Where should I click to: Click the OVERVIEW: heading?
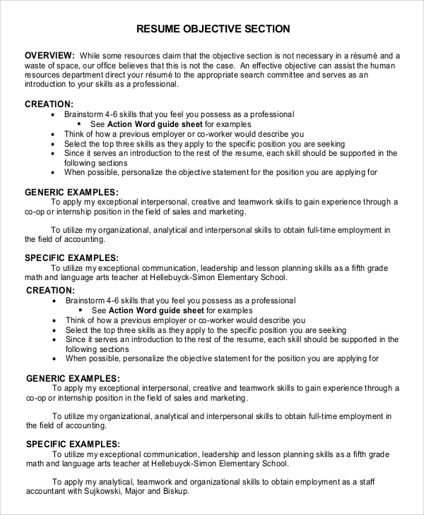point(49,55)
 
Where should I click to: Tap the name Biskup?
point(175,491)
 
